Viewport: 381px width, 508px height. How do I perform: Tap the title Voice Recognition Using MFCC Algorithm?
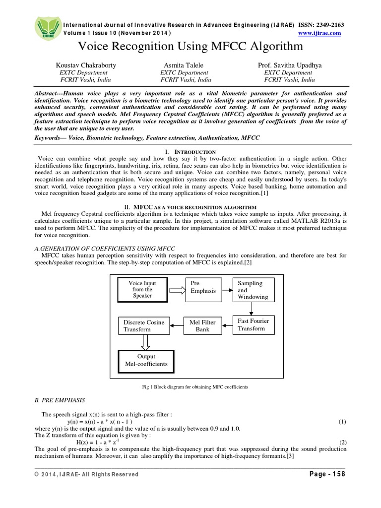pyautogui.click(x=190, y=47)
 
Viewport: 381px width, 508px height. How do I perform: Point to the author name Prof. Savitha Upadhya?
pyautogui.click(x=289, y=65)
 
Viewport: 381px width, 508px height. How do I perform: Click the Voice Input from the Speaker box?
pyautogui.click(x=142, y=289)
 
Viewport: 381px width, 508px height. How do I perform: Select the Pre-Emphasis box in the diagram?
pyautogui.click(x=201, y=289)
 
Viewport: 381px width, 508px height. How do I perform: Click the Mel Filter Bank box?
pyautogui.click(x=202, y=325)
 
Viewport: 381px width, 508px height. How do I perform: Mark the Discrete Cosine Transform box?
pyautogui.click(x=144, y=325)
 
